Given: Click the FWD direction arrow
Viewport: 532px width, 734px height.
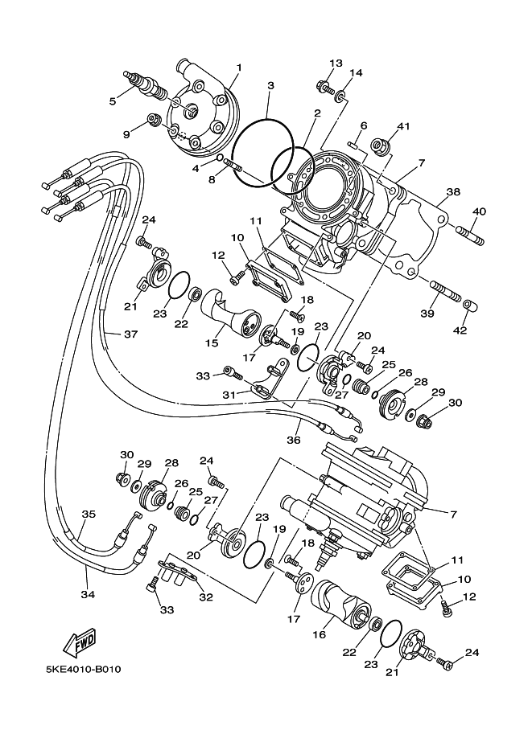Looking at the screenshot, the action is tap(79, 642).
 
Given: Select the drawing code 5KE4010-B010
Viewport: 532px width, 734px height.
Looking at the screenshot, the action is tap(84, 670).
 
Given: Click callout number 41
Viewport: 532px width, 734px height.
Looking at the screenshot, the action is tap(403, 126).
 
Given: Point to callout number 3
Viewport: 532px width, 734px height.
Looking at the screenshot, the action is tap(270, 86).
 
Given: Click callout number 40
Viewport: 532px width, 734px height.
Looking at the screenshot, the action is tap(479, 211).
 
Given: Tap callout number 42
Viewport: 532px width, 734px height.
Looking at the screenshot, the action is tap(460, 330).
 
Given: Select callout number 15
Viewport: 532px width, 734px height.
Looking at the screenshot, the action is tap(212, 343).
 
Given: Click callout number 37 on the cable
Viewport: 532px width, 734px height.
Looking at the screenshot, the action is tap(130, 334).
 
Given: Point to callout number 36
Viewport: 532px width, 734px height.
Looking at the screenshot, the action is tap(294, 440).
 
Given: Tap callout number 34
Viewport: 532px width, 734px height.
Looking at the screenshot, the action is tap(88, 594).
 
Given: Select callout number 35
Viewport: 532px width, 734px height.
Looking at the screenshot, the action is tap(89, 514).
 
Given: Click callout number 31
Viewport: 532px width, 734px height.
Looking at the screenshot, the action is tap(229, 395).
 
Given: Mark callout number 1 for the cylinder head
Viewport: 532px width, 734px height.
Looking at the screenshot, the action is tap(239, 68).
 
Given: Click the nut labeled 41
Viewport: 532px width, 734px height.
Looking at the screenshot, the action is tap(378, 146).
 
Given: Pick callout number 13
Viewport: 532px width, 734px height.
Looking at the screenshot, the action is tap(336, 63).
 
